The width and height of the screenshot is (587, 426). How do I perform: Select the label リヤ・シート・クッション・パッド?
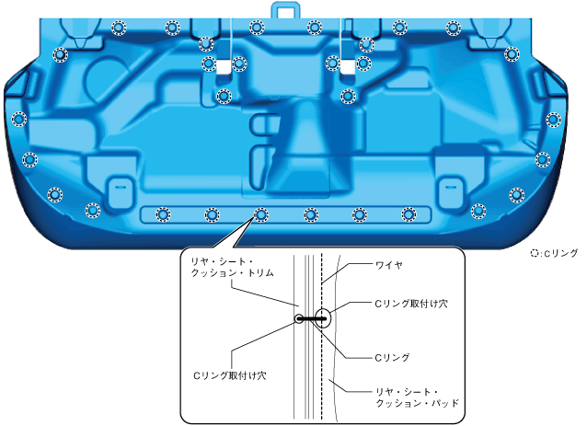pos(416,397)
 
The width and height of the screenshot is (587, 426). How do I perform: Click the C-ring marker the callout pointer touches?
pos(260,215)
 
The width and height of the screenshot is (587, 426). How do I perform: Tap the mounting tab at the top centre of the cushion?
pos(285,10)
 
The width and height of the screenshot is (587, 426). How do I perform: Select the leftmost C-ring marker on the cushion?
pos(18,119)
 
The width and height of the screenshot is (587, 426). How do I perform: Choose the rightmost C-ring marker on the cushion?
pos(553,119)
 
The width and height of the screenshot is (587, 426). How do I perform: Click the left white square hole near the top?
pos(224,64)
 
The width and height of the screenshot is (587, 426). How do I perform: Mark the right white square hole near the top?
pos(348,64)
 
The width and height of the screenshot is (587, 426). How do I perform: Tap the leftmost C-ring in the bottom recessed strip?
pos(163,215)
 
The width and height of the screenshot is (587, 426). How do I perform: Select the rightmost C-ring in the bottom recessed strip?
pos(409,215)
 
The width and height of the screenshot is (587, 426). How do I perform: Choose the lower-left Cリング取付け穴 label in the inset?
pos(229,375)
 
